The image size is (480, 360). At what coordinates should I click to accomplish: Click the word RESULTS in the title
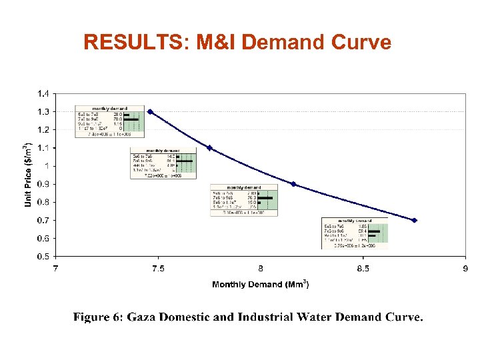click(134, 43)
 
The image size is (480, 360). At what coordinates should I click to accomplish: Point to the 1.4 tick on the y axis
click(42, 93)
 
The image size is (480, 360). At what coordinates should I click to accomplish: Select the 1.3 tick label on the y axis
click(42, 111)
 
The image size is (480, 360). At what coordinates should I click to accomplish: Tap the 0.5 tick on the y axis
click(42, 256)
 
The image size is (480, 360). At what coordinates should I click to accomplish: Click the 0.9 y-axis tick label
click(42, 184)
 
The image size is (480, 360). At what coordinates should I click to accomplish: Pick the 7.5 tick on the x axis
click(158, 269)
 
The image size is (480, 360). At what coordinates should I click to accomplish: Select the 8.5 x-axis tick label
click(363, 269)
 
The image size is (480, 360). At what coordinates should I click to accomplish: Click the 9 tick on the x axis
click(465, 269)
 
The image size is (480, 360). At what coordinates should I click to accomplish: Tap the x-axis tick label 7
click(56, 269)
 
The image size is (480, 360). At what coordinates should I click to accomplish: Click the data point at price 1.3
click(150, 112)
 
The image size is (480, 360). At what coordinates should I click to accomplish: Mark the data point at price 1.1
click(209, 148)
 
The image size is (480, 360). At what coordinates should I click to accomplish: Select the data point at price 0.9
click(293, 184)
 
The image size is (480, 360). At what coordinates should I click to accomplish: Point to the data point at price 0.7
click(414, 220)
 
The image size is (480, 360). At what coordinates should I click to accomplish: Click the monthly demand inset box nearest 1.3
click(110, 121)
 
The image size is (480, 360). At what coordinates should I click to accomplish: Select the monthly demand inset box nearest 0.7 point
click(355, 233)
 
